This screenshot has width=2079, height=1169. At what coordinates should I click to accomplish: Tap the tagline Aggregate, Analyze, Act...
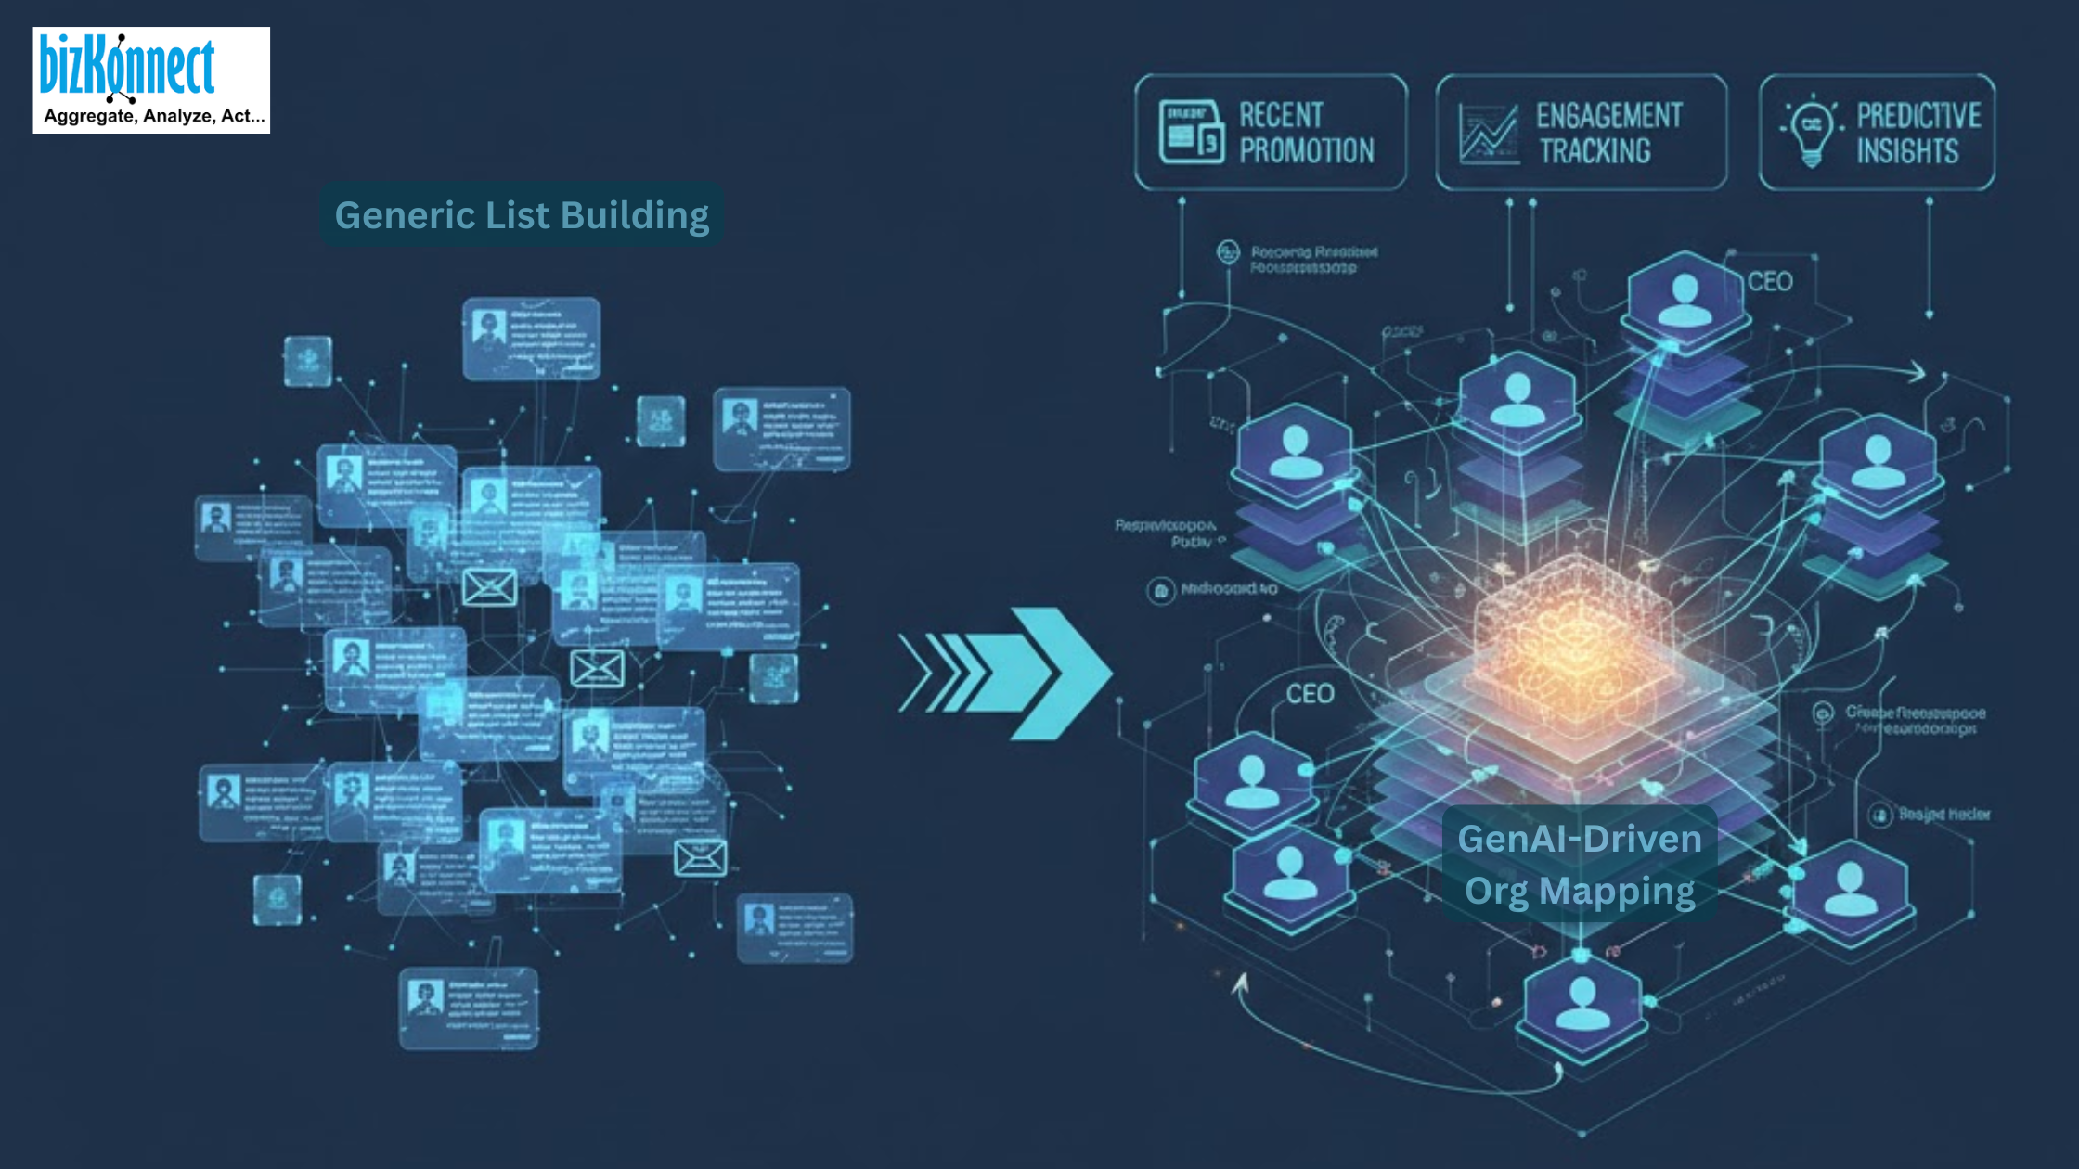[x=154, y=116]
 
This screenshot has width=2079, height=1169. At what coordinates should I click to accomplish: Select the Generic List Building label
[x=522, y=215]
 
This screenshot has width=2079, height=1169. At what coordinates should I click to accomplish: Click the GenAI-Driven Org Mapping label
[x=1580, y=865]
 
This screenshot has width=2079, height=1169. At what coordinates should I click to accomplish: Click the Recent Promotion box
[x=1270, y=133]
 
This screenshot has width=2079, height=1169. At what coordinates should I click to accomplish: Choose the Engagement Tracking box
[x=1581, y=133]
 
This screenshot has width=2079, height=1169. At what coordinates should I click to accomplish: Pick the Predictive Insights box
[x=1877, y=133]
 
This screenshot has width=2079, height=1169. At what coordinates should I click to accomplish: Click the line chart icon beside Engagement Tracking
[x=1489, y=134]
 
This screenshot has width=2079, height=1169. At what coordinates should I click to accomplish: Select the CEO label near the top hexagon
[x=1770, y=282]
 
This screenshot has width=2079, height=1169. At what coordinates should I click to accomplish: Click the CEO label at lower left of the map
[x=1310, y=694]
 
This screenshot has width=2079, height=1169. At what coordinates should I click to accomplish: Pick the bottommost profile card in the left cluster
[x=469, y=1008]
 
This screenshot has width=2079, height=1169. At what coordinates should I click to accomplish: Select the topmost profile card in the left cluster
[x=531, y=339]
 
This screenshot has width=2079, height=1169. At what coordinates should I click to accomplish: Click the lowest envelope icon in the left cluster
[x=700, y=858]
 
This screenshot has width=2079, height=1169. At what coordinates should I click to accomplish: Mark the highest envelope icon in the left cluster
[x=489, y=587]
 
